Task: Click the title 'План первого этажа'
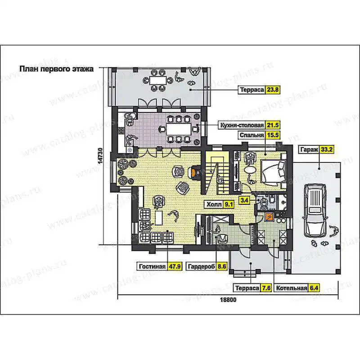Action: tap(57, 69)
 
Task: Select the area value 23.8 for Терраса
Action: tap(273, 90)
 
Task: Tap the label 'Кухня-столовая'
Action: tap(242, 126)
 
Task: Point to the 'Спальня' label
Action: tap(252, 135)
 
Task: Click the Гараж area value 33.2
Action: tap(327, 150)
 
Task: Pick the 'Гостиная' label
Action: tap(152, 266)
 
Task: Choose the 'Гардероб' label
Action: tap(201, 266)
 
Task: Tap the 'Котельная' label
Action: tap(292, 288)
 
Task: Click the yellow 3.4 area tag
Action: tap(244, 200)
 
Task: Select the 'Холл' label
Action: tap(214, 204)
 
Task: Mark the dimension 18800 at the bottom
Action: tap(228, 300)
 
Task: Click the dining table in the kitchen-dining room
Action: tap(178, 129)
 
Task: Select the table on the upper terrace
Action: tap(158, 81)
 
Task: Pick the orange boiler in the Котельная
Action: tap(269, 217)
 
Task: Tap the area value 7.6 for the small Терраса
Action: tap(266, 288)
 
